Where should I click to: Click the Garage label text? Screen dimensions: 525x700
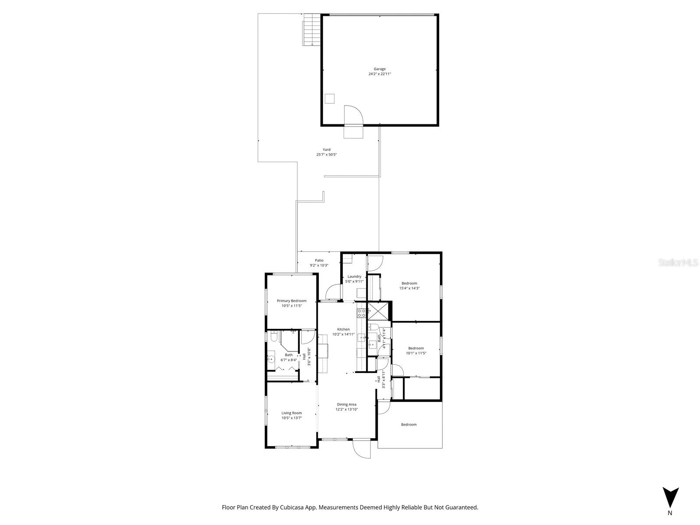[380, 69]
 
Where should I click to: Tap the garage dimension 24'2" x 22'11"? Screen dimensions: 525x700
[380, 74]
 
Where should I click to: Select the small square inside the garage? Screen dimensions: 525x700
[329, 99]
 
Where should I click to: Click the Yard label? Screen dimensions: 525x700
[327, 149]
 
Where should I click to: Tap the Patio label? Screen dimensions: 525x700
[319, 260]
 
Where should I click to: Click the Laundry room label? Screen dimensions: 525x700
[354, 276]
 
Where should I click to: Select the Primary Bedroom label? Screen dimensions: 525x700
[292, 301]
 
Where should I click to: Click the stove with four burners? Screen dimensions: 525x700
[362, 313]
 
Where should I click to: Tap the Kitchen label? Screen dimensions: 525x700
[343, 329]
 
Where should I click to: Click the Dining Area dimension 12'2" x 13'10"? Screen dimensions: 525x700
[347, 409]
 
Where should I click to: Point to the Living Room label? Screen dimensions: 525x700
[292, 413]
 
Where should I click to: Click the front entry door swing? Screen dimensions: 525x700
[362, 449]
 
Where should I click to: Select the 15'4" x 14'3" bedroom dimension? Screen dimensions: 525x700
[409, 288]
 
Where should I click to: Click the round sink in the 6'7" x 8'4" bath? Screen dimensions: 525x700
[271, 359]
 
